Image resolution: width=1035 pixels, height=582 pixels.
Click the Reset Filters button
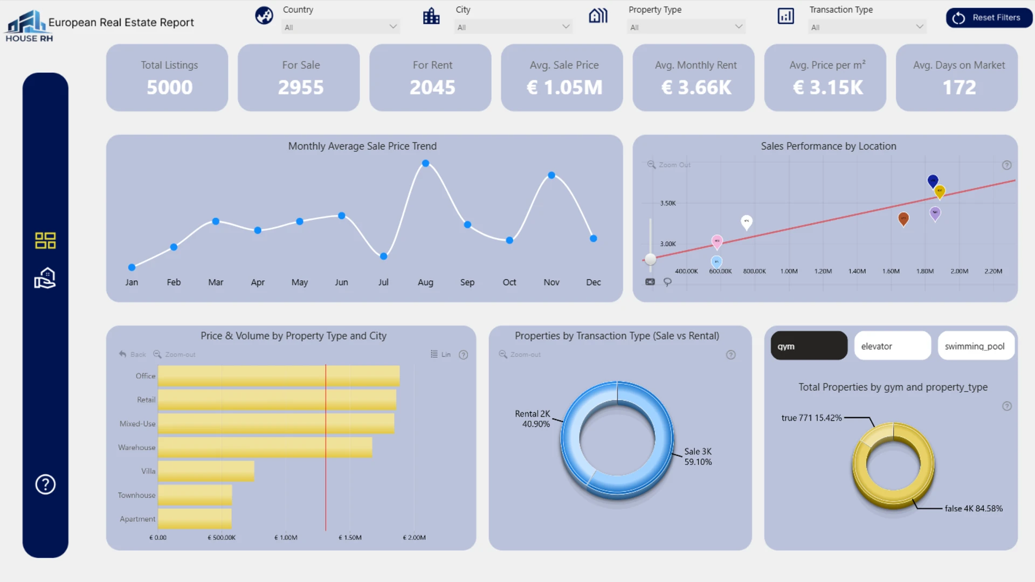[989, 18]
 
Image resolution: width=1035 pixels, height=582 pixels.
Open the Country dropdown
[340, 27]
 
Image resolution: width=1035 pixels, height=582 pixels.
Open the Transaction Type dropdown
[866, 27]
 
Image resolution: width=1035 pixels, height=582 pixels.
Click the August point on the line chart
[425, 163]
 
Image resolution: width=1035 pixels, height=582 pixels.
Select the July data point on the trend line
[383, 257]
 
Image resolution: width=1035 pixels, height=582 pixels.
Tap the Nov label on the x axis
[551, 282]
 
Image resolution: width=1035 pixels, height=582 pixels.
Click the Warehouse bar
[265, 447]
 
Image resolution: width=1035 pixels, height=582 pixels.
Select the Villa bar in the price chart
[206, 471]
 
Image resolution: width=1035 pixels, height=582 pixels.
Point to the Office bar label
[145, 376]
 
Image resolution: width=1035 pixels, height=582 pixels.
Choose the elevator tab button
[892, 346]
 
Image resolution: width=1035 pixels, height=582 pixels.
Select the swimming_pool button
[975, 346]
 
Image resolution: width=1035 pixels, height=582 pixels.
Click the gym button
[809, 346]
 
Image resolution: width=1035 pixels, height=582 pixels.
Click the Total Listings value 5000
[169, 87]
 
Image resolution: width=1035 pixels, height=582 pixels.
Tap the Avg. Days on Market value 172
[959, 87]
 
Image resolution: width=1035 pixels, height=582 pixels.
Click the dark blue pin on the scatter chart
[933, 181]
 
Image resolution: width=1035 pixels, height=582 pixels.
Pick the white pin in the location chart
[746, 221]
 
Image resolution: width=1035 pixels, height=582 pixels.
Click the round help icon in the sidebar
[45, 484]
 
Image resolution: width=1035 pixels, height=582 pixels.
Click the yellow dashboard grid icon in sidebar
[45, 240]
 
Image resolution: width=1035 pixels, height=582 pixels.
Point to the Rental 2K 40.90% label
[533, 419]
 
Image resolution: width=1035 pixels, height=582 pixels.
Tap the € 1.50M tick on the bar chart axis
[350, 537]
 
